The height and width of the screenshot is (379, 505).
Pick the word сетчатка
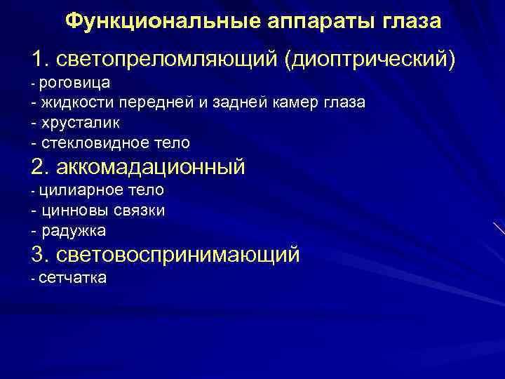73,278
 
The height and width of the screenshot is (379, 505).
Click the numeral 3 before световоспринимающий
38,254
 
